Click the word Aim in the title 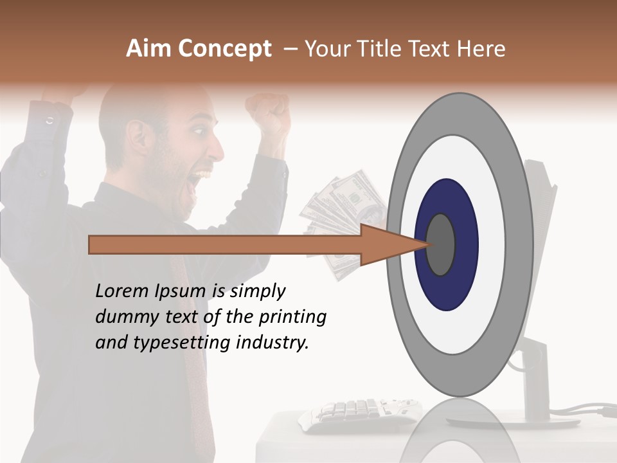pyautogui.click(x=148, y=49)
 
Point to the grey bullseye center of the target pyautogui.click(x=441, y=244)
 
